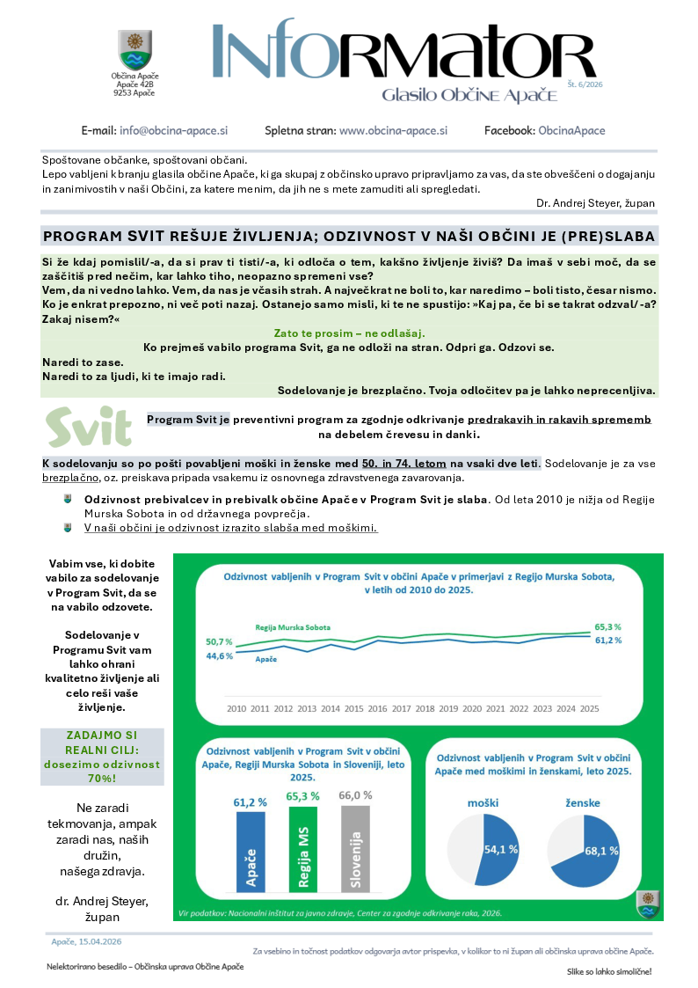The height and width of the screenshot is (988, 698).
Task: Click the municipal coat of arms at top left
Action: coord(134,49)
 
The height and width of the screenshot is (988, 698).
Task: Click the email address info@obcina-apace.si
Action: coord(173,130)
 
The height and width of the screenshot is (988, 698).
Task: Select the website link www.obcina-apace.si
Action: coord(393,130)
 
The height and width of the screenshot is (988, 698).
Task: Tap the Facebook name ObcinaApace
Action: coord(571,130)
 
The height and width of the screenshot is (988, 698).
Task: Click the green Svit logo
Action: coord(90,427)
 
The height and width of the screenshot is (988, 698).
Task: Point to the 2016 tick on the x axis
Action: coord(378,708)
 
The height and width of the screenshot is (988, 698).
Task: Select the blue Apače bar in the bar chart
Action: coord(250,850)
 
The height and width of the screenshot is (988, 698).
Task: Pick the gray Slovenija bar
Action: coord(355,850)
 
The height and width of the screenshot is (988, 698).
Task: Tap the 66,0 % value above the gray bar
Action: coord(356,794)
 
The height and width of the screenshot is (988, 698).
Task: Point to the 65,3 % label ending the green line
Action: coord(608,626)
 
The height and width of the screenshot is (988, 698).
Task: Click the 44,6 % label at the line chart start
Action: coord(219,655)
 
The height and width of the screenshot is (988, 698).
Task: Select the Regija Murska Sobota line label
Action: coord(293,627)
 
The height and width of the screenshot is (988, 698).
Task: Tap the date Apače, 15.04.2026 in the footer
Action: coord(85,941)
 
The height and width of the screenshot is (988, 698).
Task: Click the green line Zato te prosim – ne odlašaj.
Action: coord(349,333)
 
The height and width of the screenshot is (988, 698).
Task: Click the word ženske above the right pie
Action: coord(580,802)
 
